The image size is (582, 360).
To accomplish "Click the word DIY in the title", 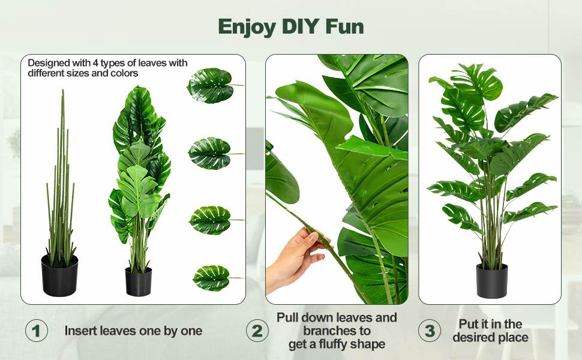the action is (301, 26).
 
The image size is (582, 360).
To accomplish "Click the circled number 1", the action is (37, 331).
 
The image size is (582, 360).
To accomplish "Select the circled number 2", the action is (257, 331).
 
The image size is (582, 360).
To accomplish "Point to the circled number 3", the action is (430, 331).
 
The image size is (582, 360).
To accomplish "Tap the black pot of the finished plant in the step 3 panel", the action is (492, 281).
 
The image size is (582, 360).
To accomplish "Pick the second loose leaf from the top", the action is (211, 153).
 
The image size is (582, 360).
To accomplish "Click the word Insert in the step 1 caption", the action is (80, 331).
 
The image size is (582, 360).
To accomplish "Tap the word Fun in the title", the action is (344, 26).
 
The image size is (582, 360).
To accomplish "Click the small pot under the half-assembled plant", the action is (139, 281).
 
